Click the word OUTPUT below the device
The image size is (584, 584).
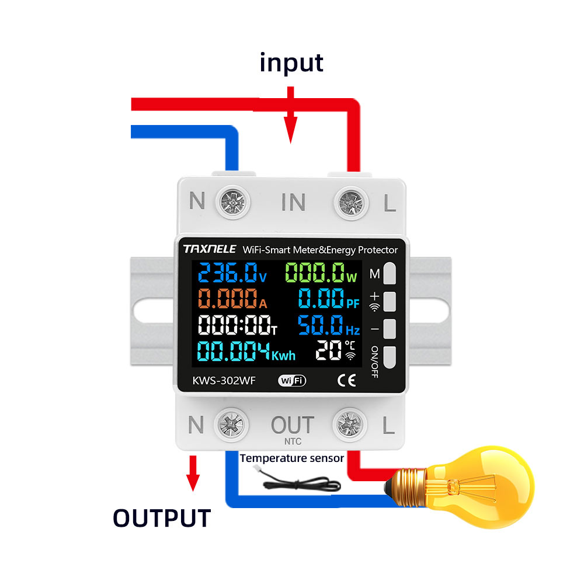click(x=161, y=518)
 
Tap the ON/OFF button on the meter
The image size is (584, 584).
click(x=390, y=356)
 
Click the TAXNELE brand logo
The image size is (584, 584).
click(x=209, y=249)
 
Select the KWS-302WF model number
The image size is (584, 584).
click(x=220, y=381)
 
